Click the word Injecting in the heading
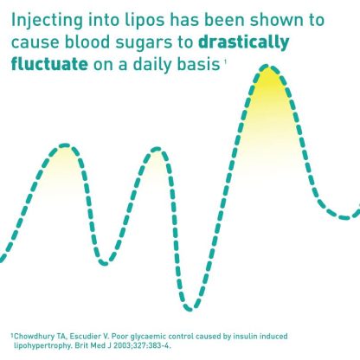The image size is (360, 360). [x=47, y=21]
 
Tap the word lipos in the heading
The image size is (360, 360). [x=145, y=20]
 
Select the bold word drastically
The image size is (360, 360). [x=244, y=42]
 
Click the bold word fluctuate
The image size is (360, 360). [x=49, y=64]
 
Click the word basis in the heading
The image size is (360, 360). [x=198, y=64]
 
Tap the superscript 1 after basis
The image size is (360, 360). [x=224, y=61]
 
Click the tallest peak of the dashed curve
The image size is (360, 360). [x=268, y=68]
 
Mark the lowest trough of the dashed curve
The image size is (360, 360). [x=190, y=309]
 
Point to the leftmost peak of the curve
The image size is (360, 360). [x=66, y=145]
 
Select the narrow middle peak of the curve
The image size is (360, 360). [x=157, y=149]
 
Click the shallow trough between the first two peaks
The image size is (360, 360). [x=104, y=262]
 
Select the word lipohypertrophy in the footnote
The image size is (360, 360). [x=42, y=345]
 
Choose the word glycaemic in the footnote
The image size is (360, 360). [x=148, y=337]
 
